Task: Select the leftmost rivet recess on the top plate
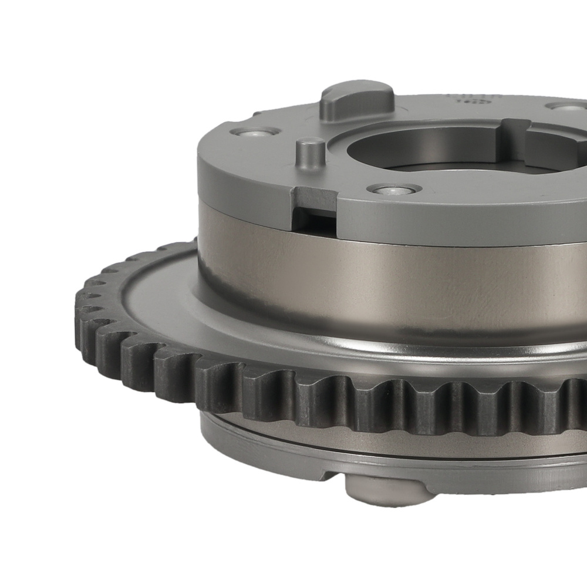[x=253, y=131]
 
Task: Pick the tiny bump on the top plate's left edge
[x=257, y=114]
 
